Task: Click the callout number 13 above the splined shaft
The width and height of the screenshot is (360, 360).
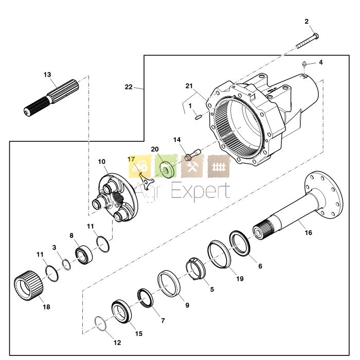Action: (47, 75)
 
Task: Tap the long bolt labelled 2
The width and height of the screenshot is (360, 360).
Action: (307, 41)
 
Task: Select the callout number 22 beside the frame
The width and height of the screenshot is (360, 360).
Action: (129, 87)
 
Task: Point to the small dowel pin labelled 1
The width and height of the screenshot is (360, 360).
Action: (197, 117)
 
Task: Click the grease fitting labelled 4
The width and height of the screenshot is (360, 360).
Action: (304, 64)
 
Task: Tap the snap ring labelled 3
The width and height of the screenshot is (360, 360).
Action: (66, 264)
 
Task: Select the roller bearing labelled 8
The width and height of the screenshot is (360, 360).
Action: (84, 255)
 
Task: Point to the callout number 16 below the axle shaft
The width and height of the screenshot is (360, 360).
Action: (309, 232)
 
